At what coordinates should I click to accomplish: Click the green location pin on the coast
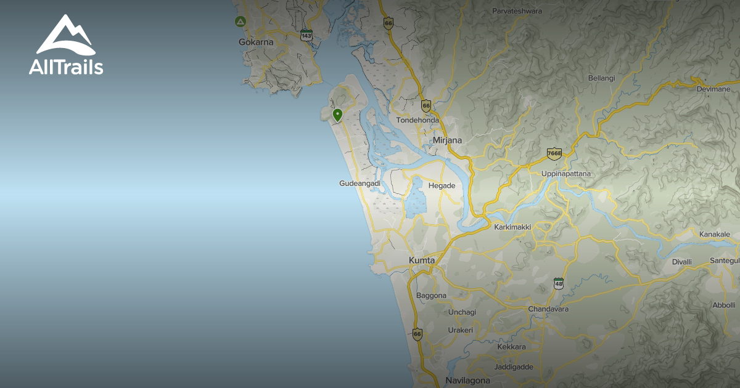coord(337,115)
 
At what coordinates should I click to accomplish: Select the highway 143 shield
coord(306,35)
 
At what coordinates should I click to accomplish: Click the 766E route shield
coord(554,153)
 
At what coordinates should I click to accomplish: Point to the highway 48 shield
coord(559,283)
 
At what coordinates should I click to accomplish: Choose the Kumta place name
coord(422,261)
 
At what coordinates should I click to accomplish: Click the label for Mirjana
coord(447,140)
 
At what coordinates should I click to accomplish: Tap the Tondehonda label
coord(417,120)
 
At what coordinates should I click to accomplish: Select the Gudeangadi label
coord(360,184)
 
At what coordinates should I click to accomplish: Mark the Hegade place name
coord(442,185)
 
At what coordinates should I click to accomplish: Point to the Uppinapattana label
coord(565,174)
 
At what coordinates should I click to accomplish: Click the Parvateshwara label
coord(517,11)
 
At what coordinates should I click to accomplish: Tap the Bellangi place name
coord(601,78)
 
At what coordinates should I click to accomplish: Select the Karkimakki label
coord(512,227)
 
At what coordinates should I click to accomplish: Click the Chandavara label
coord(548,309)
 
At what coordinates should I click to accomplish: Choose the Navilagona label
coord(467,381)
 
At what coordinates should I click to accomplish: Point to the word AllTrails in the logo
coord(66,67)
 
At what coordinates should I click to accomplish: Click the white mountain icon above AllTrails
coord(65,35)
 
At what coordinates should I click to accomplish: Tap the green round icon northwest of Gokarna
coord(239,22)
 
